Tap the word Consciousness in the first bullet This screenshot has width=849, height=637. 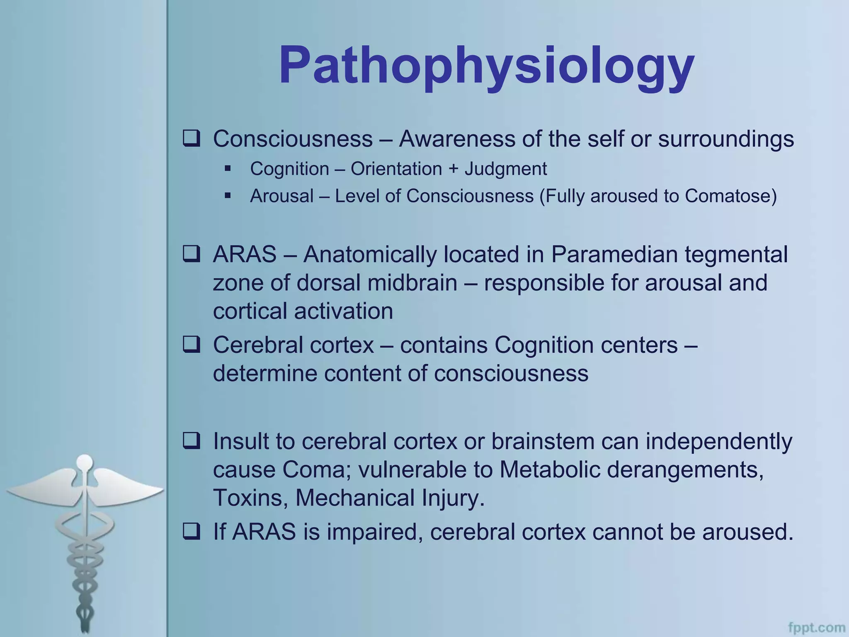tap(293, 139)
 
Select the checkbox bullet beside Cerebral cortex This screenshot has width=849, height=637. tap(192, 345)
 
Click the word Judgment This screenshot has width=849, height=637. tap(505, 169)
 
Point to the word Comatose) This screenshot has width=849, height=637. tap(730, 196)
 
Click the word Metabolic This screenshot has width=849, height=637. tap(550, 470)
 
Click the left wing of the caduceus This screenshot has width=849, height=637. tap(41, 489)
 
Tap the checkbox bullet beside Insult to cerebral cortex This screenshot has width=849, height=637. tap(192, 441)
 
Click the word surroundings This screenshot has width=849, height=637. tap(726, 139)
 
